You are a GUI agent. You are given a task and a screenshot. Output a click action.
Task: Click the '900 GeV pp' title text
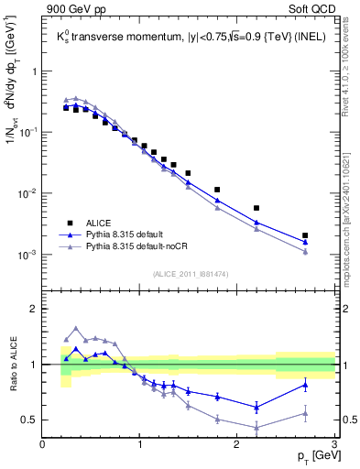click(72, 10)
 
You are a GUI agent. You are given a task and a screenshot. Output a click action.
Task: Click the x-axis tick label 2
click(237, 444)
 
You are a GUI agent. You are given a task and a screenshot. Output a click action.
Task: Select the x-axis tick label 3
click(334, 444)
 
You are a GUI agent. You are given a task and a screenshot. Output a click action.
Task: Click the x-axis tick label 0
click(43, 444)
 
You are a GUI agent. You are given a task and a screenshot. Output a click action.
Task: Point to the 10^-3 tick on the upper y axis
click(27, 255)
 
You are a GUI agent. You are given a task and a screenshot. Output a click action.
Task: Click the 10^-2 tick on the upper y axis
click(27, 193)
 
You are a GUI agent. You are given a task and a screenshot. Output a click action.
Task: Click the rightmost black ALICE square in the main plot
click(305, 235)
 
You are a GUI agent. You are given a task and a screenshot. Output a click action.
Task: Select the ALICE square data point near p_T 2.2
click(256, 208)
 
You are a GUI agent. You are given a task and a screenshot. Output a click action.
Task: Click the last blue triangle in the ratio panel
click(305, 385)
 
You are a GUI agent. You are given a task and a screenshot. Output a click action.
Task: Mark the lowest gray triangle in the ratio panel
click(256, 427)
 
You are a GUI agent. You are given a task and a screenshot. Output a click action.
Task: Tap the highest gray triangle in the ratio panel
click(76, 328)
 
